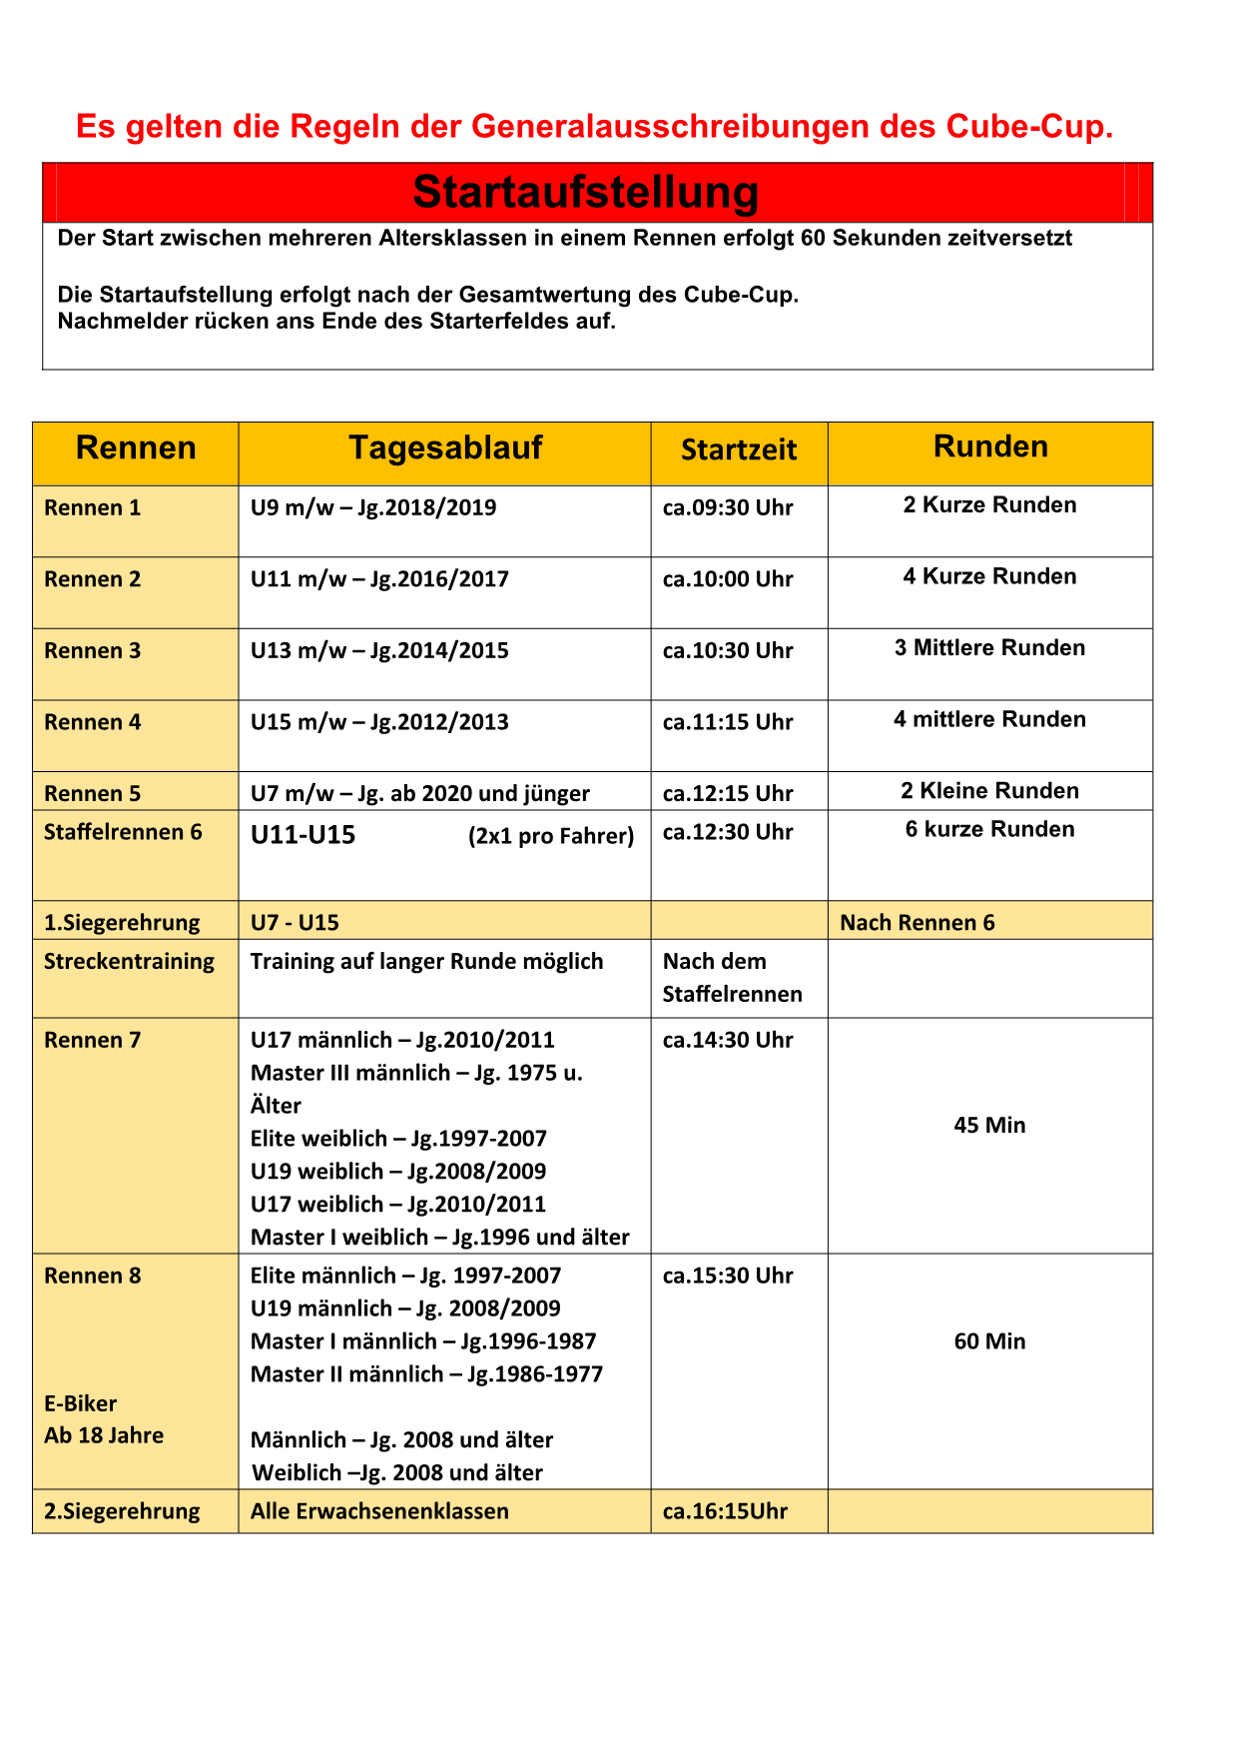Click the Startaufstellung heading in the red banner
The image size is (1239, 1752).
click(586, 192)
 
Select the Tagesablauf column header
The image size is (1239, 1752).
click(445, 448)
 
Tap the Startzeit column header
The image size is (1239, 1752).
click(739, 450)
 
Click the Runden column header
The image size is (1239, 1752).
click(990, 447)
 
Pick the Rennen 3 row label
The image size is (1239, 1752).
click(93, 651)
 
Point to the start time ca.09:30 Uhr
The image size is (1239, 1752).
click(728, 508)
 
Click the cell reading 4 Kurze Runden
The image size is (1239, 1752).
click(989, 577)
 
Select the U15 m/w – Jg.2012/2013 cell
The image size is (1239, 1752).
click(379, 722)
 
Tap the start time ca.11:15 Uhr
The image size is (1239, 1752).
click(728, 722)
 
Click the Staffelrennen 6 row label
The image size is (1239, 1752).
click(123, 832)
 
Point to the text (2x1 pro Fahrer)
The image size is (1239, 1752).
click(551, 836)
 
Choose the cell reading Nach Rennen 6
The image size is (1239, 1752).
click(918, 923)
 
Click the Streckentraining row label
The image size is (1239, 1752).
click(129, 962)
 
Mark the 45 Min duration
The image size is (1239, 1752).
click(989, 1126)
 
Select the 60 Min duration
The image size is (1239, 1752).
click(989, 1341)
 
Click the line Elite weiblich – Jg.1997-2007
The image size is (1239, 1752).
click(398, 1139)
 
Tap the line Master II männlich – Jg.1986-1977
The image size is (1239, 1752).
click(426, 1374)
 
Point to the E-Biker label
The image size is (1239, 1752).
click(81, 1403)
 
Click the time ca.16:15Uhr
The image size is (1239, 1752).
click(725, 1511)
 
